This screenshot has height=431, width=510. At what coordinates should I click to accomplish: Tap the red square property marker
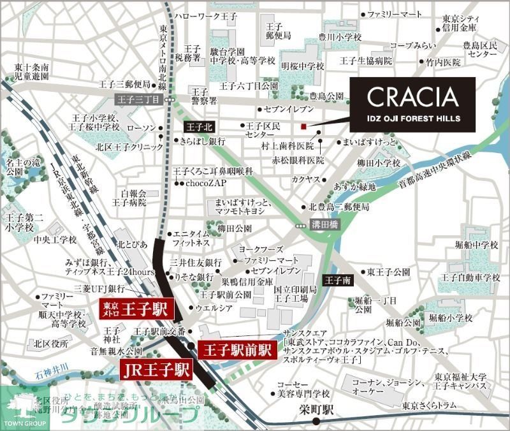pos(305,125)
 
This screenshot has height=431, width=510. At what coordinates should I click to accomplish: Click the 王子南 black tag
pos(336,279)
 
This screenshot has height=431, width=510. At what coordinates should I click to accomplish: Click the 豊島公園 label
pos(325,96)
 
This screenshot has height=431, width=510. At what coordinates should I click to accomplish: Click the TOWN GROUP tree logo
pos(17,409)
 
